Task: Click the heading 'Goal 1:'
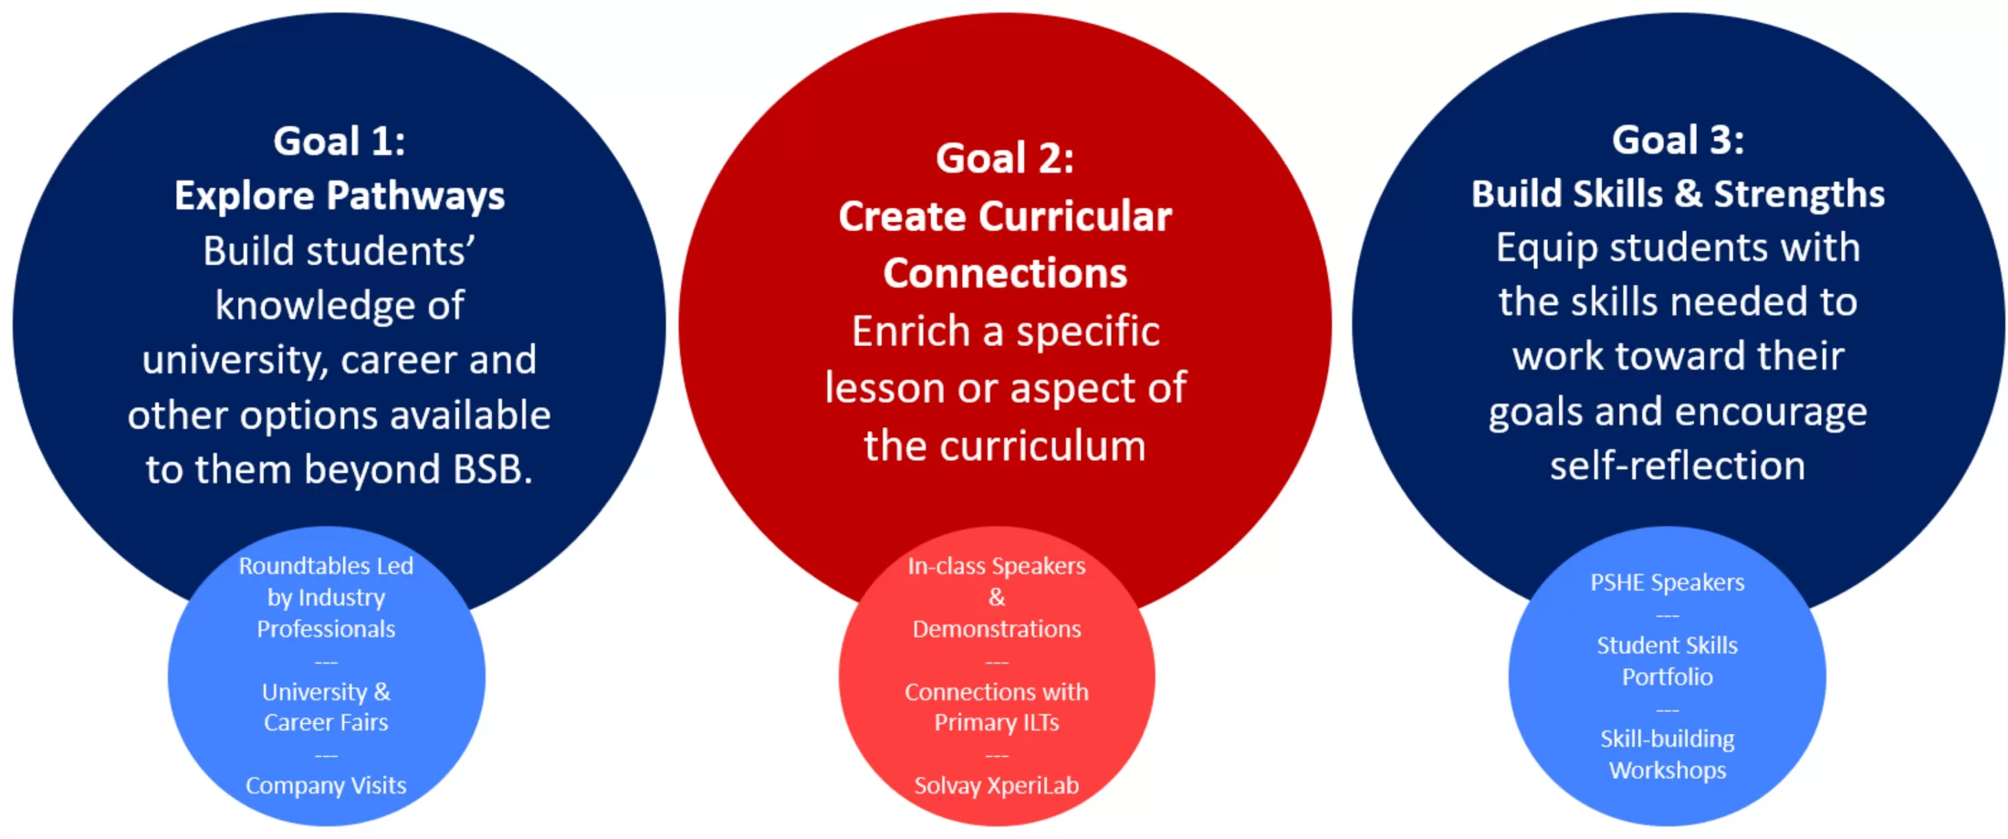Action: point(340,142)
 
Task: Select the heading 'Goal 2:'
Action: point(1005,158)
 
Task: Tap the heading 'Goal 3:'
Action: point(1678,140)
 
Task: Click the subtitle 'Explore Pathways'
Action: point(340,196)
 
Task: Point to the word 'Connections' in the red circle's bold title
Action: point(1005,273)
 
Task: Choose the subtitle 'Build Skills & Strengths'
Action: point(1678,194)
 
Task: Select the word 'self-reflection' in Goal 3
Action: point(1678,466)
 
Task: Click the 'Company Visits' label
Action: point(326,785)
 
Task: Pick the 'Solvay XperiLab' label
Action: point(997,785)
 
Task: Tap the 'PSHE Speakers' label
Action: point(1668,582)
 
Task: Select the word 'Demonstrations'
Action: point(997,629)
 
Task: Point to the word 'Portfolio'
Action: point(1668,676)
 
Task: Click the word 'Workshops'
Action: point(1668,771)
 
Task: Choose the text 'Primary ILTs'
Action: point(997,722)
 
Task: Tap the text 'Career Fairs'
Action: point(326,722)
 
